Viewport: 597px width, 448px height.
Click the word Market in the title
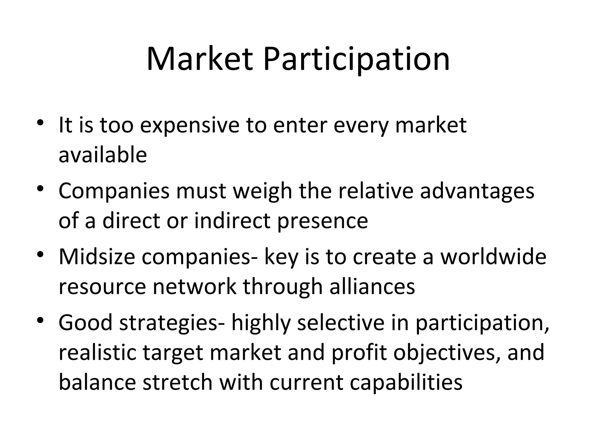(199, 60)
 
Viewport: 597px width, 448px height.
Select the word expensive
(189, 125)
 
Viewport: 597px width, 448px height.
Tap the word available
(103, 155)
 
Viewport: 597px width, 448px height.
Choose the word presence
(322, 221)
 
